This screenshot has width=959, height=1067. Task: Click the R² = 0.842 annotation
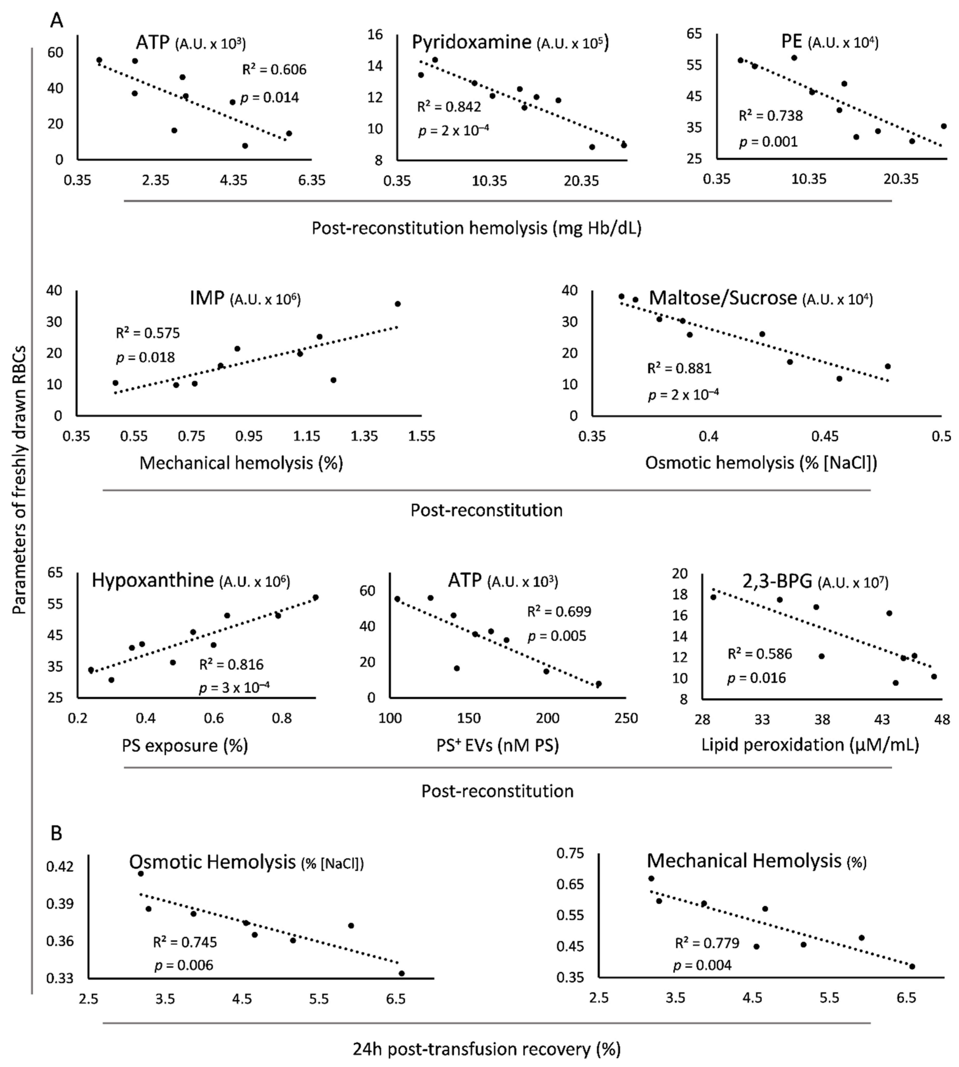click(449, 107)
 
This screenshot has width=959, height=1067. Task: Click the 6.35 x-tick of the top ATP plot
click(311, 181)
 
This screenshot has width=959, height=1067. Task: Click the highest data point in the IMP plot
click(398, 303)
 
